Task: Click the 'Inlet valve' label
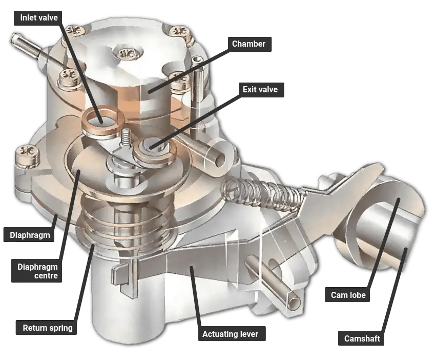pyautogui.click(x=38, y=18)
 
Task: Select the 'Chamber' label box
pyautogui.click(x=248, y=44)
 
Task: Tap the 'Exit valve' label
pyautogui.click(x=260, y=90)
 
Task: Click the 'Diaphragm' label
pyautogui.click(x=30, y=235)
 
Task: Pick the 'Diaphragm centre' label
pyautogui.click(x=37, y=271)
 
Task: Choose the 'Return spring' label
pyautogui.click(x=48, y=328)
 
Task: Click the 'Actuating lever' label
pyautogui.click(x=230, y=334)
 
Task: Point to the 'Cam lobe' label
pyautogui.click(x=348, y=295)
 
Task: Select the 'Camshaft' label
pyautogui.click(x=362, y=338)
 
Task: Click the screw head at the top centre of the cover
pyautogui.click(x=124, y=53)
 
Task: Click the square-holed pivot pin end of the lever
pyautogui.click(x=293, y=299)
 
